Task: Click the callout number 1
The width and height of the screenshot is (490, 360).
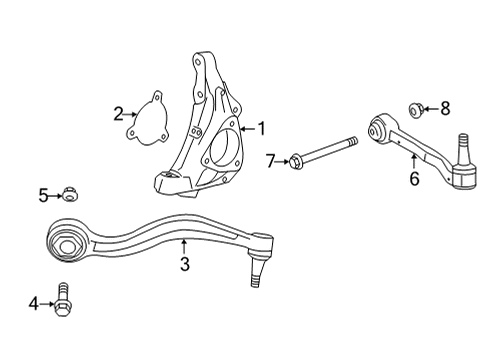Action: [262, 128]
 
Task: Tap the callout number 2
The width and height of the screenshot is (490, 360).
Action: [119, 113]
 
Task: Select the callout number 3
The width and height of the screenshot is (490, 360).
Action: [184, 265]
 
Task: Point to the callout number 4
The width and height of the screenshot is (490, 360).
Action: [33, 301]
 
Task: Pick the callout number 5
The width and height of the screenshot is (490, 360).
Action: [43, 195]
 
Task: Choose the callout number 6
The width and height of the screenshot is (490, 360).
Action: [412, 180]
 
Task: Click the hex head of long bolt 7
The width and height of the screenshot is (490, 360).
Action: [295, 158]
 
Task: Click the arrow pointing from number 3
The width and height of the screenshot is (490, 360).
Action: [184, 246]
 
